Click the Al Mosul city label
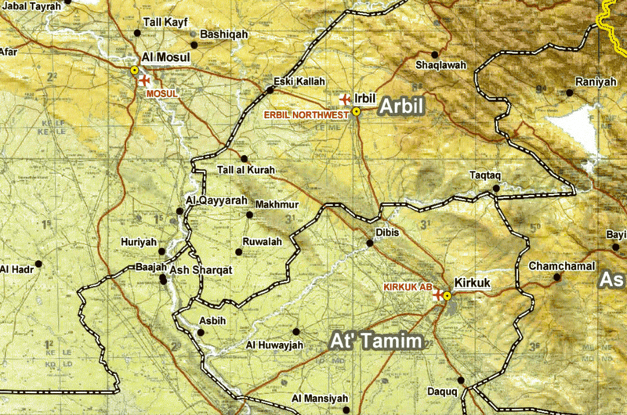tap(163, 58)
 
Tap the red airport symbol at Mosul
tap(143, 80)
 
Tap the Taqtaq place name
tap(484, 175)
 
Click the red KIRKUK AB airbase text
tap(407, 287)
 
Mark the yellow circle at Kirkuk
tap(447, 296)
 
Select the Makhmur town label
tap(277, 204)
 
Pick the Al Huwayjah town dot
tap(296, 330)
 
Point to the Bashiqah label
tap(224, 34)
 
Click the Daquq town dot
tap(461, 381)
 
